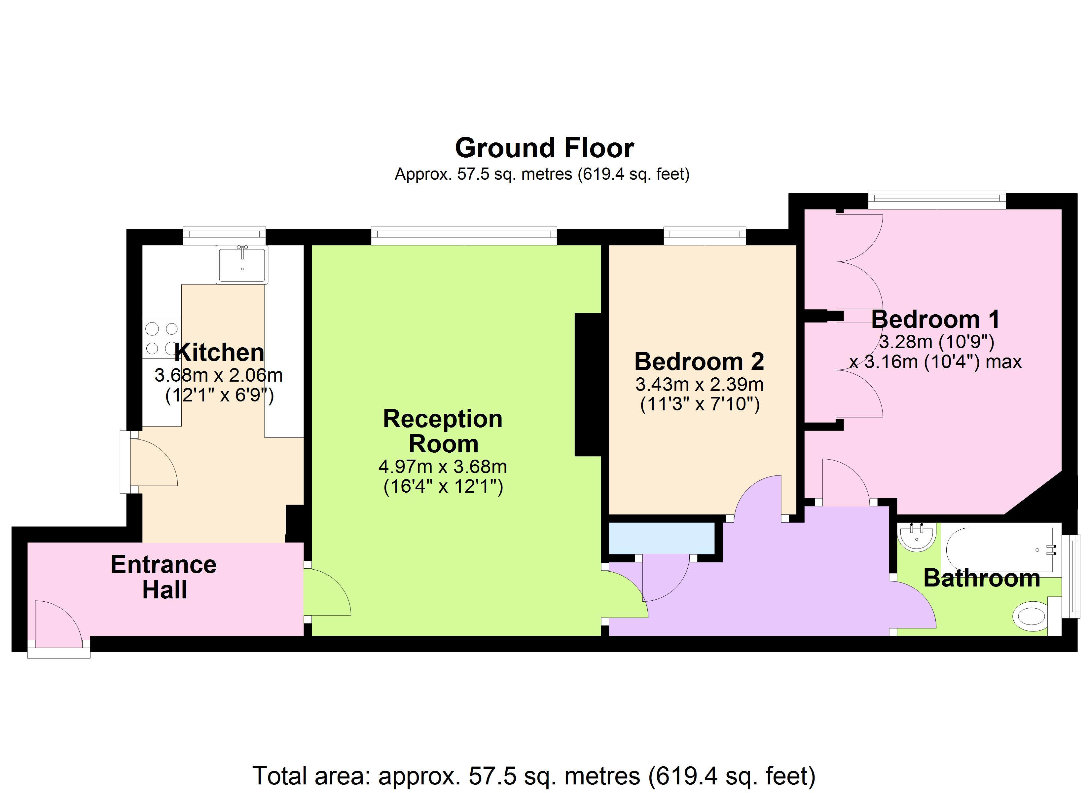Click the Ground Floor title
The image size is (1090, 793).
click(x=545, y=148)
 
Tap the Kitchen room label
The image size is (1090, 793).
click(x=219, y=353)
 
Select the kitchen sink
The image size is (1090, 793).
click(x=242, y=264)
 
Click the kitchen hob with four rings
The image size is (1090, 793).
click(x=162, y=339)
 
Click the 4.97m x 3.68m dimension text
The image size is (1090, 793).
click(x=443, y=467)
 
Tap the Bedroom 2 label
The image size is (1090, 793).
click(x=699, y=361)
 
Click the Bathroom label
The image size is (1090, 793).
click(x=982, y=578)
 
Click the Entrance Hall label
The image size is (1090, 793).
click(x=163, y=577)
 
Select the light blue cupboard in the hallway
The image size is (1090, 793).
click(x=662, y=539)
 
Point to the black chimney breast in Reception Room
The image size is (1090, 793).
click(x=588, y=385)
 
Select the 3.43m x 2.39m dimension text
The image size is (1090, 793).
click(x=699, y=385)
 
